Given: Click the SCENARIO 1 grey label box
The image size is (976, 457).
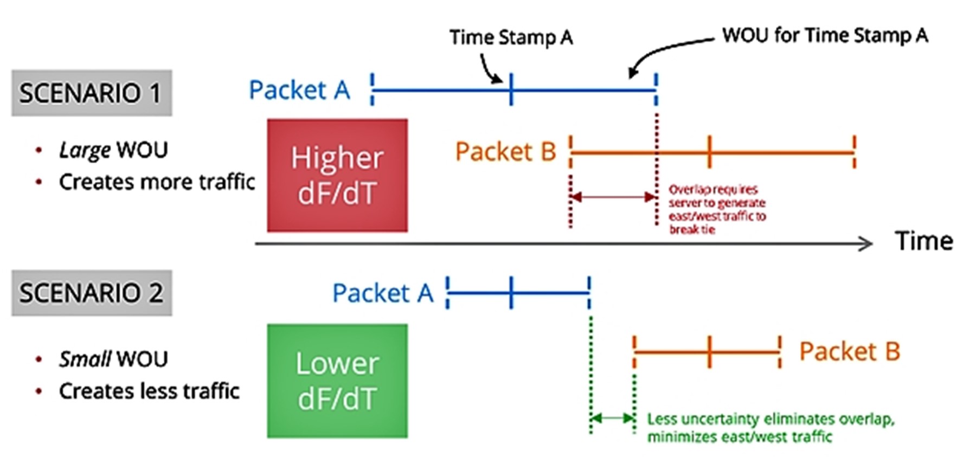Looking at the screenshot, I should (x=91, y=93).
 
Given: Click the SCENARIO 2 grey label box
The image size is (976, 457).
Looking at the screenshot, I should (x=91, y=293).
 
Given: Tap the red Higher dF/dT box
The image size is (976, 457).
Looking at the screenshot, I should (x=337, y=175).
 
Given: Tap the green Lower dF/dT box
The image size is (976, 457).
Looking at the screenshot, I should (x=337, y=381).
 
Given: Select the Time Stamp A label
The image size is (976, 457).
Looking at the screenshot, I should (x=511, y=37).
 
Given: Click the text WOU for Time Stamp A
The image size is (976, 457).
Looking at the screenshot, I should (x=825, y=36).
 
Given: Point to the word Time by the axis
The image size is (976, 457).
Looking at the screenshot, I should (x=923, y=241).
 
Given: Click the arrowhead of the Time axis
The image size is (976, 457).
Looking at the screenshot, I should (x=866, y=244).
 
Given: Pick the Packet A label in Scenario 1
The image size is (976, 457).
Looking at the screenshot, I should (x=299, y=90).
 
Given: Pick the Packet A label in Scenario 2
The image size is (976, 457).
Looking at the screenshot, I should (x=383, y=293).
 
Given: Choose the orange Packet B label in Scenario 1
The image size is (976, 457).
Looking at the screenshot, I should (x=505, y=152).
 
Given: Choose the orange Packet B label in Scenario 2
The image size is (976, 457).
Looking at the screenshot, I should (x=850, y=352).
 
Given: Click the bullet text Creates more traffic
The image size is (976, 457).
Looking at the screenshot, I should (x=157, y=182).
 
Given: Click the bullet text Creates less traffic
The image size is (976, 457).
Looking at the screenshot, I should (x=149, y=391).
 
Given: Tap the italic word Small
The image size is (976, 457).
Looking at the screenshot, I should (x=85, y=359).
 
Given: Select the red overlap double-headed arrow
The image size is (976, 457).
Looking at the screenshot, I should (x=613, y=197).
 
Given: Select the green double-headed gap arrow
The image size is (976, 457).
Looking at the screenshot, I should (x=613, y=418).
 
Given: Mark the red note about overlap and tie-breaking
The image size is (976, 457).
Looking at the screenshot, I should (x=717, y=209).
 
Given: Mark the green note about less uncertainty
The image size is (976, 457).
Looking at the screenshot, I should (x=770, y=428).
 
